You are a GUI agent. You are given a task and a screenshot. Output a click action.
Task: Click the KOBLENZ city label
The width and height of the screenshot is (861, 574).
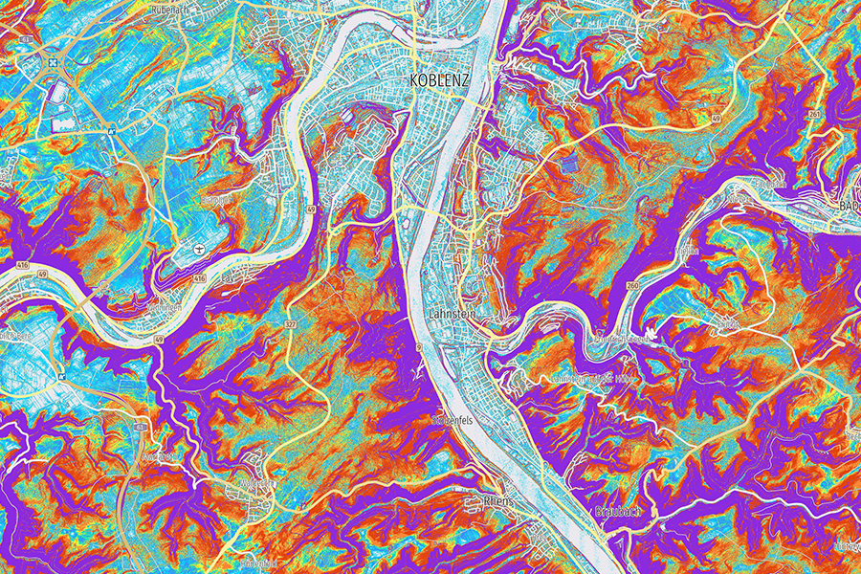[x=439, y=80]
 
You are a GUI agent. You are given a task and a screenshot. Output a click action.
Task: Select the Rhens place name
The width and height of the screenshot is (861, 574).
[x=498, y=500]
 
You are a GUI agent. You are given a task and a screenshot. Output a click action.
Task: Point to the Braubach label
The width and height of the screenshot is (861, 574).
[x=614, y=510]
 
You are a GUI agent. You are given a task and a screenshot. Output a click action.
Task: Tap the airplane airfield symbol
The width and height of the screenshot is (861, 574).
[x=198, y=249]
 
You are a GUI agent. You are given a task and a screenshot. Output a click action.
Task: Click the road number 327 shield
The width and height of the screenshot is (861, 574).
[x=288, y=325]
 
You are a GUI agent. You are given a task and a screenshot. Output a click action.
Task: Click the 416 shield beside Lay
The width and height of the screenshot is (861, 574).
[x=199, y=277]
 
